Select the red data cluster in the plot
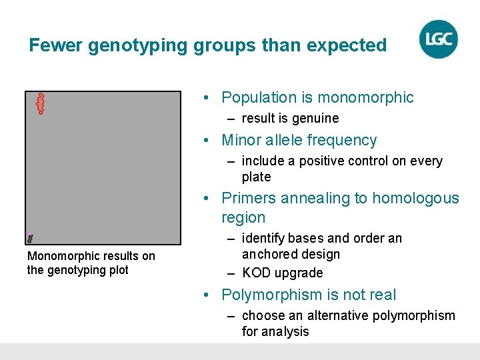(40, 103)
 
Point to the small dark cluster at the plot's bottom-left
(30, 237)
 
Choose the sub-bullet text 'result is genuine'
(290, 118)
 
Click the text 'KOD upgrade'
(282, 273)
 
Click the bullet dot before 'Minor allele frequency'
(208, 141)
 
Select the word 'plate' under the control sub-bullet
(256, 177)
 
